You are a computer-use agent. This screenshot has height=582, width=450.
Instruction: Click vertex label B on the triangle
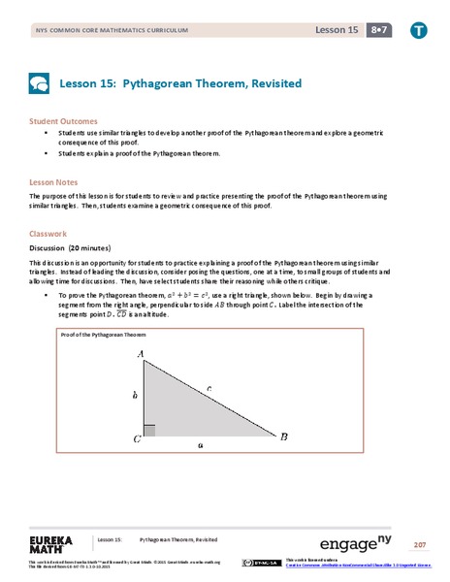click(x=284, y=437)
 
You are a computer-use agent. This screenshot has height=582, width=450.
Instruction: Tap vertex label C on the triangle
click(x=138, y=438)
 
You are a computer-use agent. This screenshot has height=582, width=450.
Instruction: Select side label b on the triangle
click(x=134, y=396)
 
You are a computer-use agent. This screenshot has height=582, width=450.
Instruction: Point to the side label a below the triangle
click(x=200, y=445)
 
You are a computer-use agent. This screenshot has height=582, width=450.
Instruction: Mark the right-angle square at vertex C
click(x=150, y=430)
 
